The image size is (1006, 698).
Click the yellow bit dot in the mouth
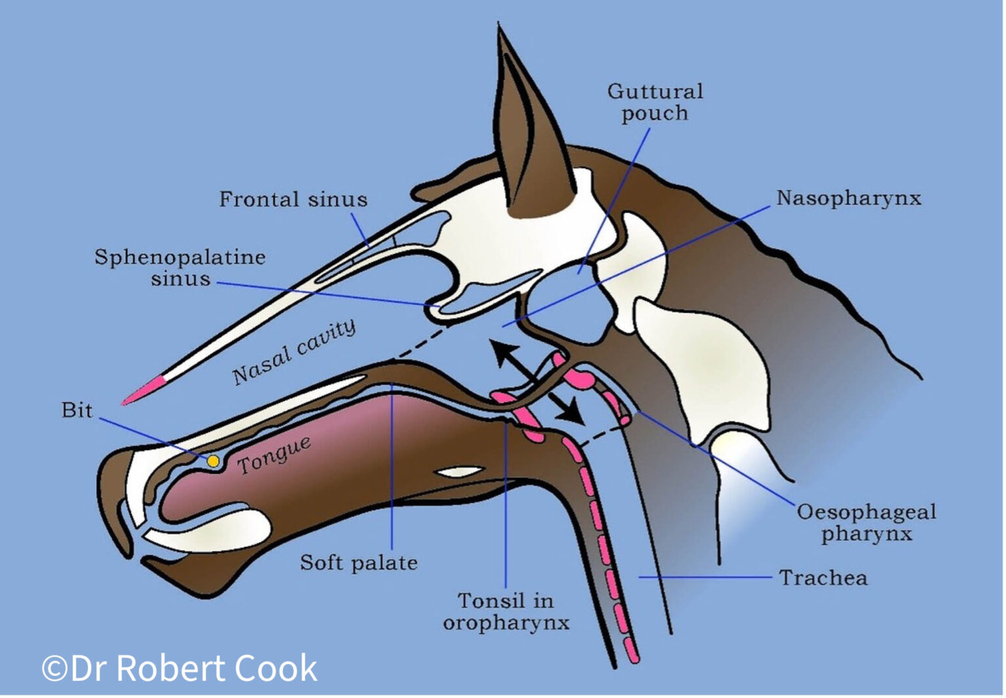214,461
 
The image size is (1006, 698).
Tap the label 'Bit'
77,411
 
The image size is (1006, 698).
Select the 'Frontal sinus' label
293,199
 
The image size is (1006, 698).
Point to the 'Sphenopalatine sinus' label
180,268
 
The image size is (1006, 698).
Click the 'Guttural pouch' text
655,103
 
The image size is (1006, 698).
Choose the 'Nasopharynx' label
849,198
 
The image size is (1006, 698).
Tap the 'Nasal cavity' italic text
294,352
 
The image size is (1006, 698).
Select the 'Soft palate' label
359,563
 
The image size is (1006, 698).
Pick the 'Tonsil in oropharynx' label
506,612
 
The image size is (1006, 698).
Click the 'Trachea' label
823,578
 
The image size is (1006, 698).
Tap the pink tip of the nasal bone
143,390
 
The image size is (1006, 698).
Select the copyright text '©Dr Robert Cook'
179,668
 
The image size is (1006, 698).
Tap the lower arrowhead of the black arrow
571,412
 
